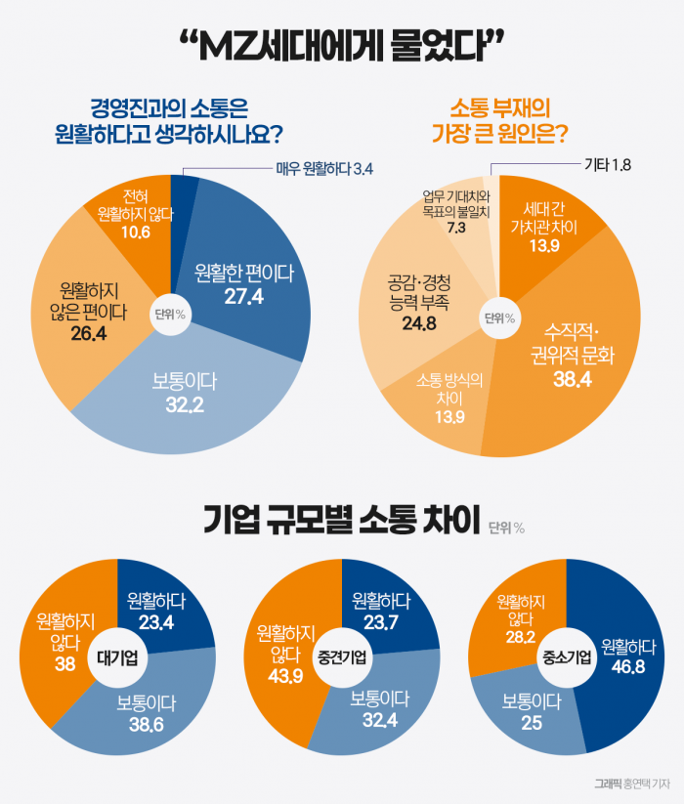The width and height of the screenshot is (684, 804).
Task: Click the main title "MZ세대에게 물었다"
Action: (x=341, y=46)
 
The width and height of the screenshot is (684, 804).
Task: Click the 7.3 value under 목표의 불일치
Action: (x=455, y=227)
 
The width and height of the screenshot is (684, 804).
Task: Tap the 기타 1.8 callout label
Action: (x=607, y=164)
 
